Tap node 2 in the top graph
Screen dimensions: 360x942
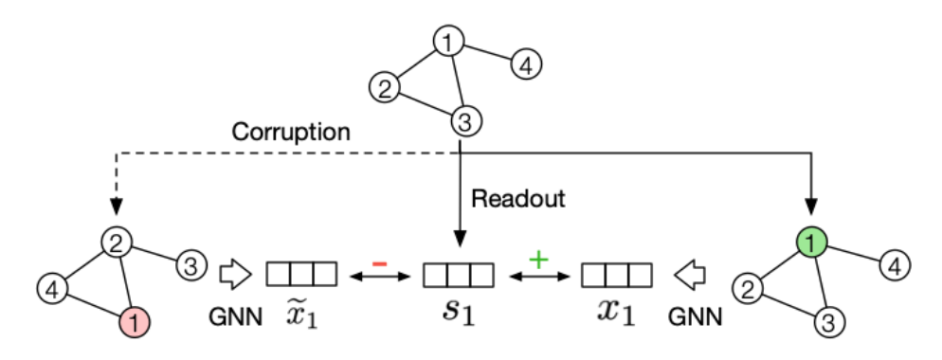[x=383, y=90]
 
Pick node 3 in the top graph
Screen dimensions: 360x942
[x=462, y=121]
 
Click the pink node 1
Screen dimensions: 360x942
[x=135, y=323]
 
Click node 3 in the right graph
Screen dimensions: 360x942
[x=827, y=322]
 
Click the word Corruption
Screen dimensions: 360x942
[x=291, y=132]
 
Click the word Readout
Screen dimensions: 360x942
[x=518, y=200]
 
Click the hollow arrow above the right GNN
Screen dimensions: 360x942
[x=691, y=276]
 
